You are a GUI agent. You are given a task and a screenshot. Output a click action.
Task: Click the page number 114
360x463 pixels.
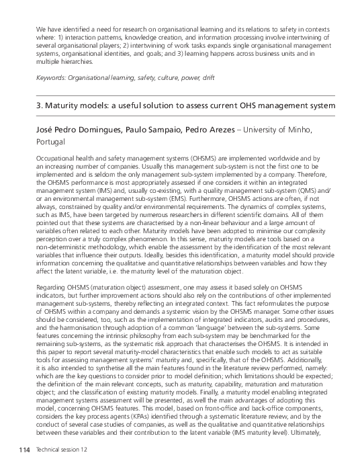(25, 448)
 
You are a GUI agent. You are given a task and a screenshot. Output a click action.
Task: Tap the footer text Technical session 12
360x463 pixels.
(62, 448)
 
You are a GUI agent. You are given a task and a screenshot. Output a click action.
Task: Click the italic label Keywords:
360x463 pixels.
(52, 78)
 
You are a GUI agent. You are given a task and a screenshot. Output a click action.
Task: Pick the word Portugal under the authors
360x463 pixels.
(50, 142)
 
